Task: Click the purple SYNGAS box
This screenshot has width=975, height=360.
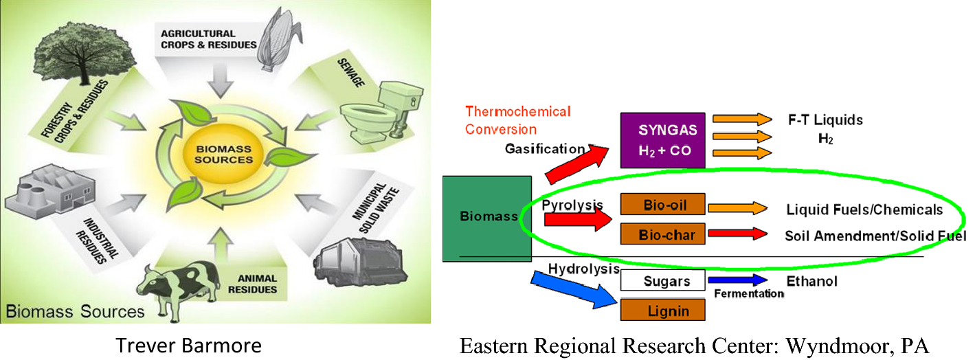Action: [662, 140]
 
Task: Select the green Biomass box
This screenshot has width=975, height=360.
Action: [487, 218]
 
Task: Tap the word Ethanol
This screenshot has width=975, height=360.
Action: [811, 282]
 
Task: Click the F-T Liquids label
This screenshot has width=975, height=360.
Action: [825, 120]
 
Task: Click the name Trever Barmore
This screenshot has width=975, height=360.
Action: [188, 345]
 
